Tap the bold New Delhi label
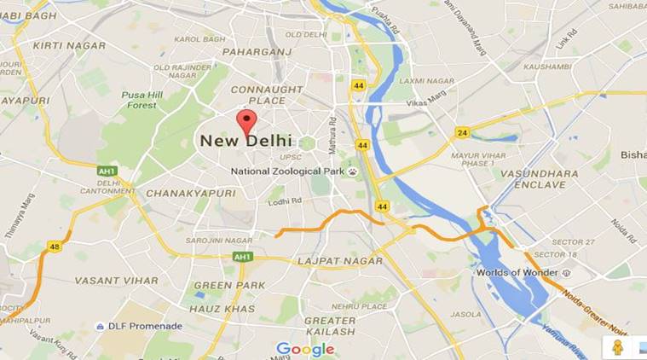(246, 141)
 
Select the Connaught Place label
(267, 95)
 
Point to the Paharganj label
(256, 53)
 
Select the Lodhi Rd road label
(285, 201)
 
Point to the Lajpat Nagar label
(335, 259)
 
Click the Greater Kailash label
(330, 325)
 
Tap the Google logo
(304, 349)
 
